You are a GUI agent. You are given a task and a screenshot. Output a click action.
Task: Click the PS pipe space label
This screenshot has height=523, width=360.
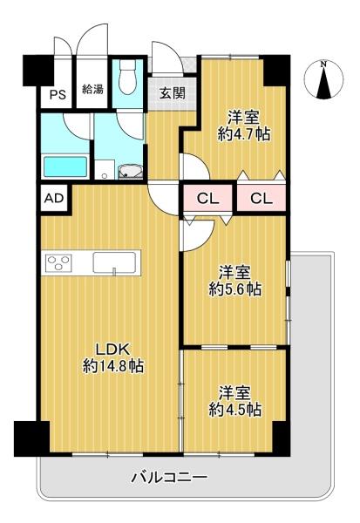tap(58, 95)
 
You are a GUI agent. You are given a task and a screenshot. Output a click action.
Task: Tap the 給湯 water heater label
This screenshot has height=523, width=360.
tap(92, 89)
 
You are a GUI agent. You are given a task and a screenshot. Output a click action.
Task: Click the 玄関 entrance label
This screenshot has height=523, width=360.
tap(173, 93)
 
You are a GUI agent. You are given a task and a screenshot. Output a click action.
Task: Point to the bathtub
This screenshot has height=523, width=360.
tap(65, 166)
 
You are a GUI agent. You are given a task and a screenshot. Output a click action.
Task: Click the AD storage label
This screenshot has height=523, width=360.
tap(54, 199)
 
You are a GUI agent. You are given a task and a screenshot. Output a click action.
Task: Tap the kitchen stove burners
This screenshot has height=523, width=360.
tap(59, 262)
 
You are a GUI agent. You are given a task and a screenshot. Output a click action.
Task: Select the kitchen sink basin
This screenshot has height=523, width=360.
tap(114, 263)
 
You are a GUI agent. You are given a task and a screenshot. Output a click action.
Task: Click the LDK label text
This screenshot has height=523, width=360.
tap(112, 350)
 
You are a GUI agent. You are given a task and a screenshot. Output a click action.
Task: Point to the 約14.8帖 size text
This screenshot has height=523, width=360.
tap(113, 367)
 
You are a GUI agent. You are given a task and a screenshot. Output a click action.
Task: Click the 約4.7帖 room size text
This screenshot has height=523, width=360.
tap(244, 134)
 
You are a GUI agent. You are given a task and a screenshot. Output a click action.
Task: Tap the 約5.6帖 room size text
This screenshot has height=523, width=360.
tap(235, 289)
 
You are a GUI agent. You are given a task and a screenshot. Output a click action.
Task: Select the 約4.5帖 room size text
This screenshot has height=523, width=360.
tap(235, 410)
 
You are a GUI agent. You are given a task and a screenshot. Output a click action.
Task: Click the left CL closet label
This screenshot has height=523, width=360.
tap(207, 199)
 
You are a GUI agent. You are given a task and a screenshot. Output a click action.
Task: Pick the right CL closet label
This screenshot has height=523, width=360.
tap(262, 199)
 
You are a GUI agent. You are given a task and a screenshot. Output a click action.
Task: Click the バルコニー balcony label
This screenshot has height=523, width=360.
tap(169, 478)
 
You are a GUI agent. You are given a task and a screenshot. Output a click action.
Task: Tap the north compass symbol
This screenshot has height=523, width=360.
tap(323, 79)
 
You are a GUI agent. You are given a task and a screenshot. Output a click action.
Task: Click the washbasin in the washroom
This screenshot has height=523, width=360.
tap(131, 172)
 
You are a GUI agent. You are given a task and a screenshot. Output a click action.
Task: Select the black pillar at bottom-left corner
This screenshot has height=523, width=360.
tap(31, 438)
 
